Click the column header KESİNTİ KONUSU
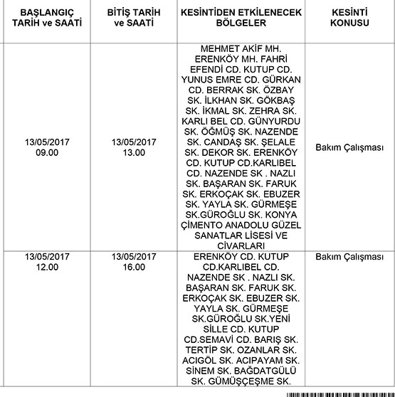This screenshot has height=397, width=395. point(349,18)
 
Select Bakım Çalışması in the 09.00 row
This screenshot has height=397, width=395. point(349,147)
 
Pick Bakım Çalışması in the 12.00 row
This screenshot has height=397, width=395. point(349,257)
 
